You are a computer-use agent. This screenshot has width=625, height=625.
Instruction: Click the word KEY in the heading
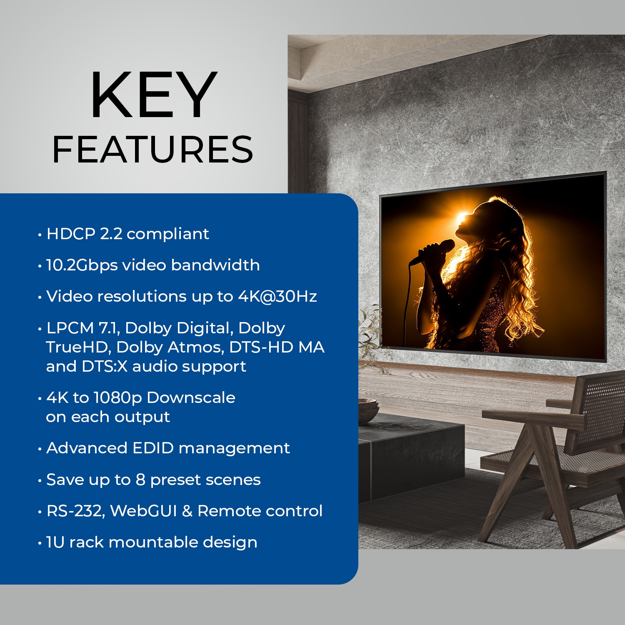pyautogui.click(x=153, y=96)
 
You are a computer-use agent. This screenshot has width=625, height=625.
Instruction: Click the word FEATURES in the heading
pyautogui.click(x=152, y=149)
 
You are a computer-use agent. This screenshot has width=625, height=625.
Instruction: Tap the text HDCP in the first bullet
pyautogui.click(x=71, y=234)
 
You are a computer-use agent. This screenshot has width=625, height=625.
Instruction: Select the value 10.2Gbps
pyautogui.click(x=82, y=265)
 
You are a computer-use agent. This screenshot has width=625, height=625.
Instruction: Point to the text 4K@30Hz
pyautogui.click(x=277, y=296)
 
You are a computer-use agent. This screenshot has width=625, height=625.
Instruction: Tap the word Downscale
pyautogui.click(x=191, y=397)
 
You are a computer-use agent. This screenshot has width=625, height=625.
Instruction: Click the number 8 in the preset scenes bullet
pyautogui.click(x=140, y=480)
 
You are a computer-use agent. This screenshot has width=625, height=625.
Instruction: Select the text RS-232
pyautogui.click(x=75, y=511)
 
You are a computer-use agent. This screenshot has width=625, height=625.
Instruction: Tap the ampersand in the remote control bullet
pyautogui.click(x=187, y=511)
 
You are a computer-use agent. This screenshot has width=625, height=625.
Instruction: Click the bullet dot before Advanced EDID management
pyautogui.click(x=40, y=449)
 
